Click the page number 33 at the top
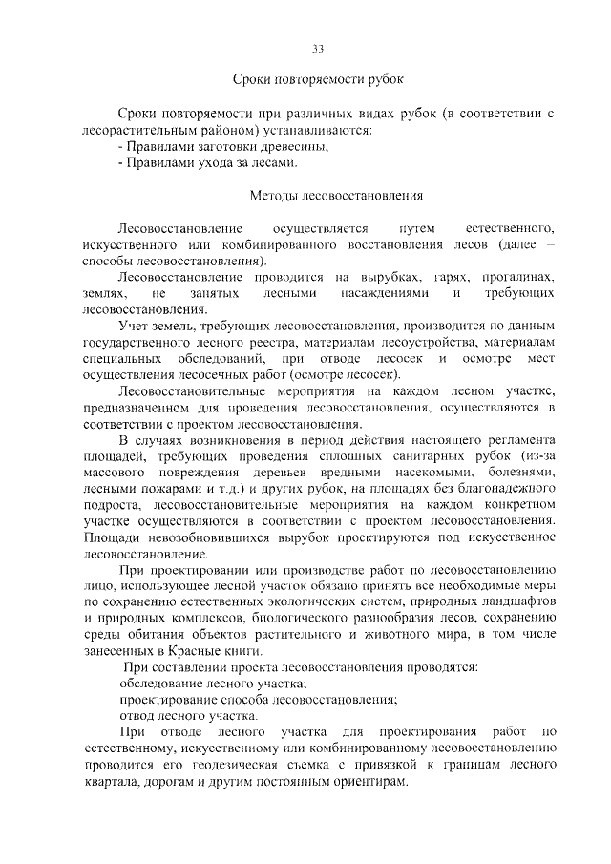(319, 49)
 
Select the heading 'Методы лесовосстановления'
(323, 197)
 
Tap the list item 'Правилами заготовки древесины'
(223, 146)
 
